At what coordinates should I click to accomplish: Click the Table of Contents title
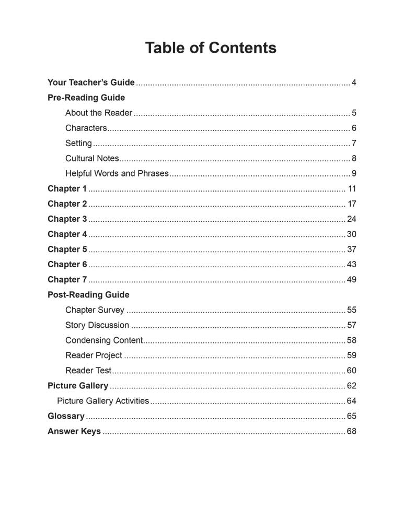211,48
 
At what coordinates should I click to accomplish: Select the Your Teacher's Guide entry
91,82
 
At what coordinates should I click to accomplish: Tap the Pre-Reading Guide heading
86,98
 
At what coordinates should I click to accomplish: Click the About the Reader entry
99,113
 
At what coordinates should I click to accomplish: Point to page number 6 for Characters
354,128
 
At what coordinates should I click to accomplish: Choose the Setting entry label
78,143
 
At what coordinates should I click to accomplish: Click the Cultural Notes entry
92,158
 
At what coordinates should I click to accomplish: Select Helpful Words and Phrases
117,173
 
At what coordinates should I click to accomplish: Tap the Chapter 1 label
67,188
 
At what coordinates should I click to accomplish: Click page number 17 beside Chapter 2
352,204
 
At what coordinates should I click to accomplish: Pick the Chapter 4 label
67,234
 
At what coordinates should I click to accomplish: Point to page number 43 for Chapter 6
352,264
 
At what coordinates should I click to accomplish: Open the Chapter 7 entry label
67,279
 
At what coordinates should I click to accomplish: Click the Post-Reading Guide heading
88,294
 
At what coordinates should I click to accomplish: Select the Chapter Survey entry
95,310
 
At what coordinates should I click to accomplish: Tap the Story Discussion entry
97,325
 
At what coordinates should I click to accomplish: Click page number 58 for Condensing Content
352,340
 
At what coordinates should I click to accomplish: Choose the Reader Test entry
88,371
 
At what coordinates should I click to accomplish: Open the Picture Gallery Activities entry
103,401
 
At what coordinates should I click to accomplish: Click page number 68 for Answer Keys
352,431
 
